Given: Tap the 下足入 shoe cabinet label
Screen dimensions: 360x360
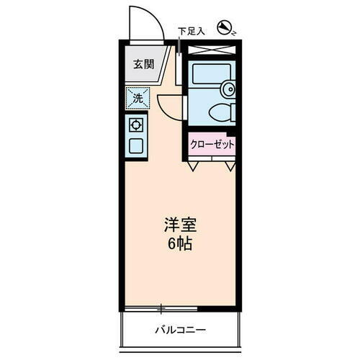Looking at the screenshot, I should coord(192,32).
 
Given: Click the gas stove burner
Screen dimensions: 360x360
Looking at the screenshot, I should coord(136,124).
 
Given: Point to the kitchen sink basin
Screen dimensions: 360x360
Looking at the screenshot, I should coord(136,146).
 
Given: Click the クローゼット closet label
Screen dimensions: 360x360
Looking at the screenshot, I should coord(212,143).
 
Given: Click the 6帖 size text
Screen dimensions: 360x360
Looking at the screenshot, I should coord(180,243).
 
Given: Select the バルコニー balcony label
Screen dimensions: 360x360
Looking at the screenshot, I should coord(180,330).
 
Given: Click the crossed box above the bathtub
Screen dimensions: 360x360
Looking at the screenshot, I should coord(212,50).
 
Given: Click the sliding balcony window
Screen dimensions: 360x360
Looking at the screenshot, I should coord(180,310).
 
